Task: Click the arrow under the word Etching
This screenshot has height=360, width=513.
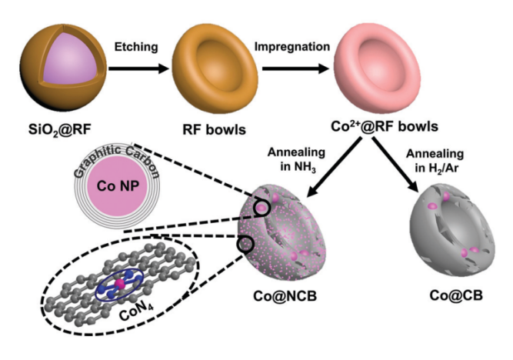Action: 137,67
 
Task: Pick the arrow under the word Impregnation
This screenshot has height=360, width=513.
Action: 291,67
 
